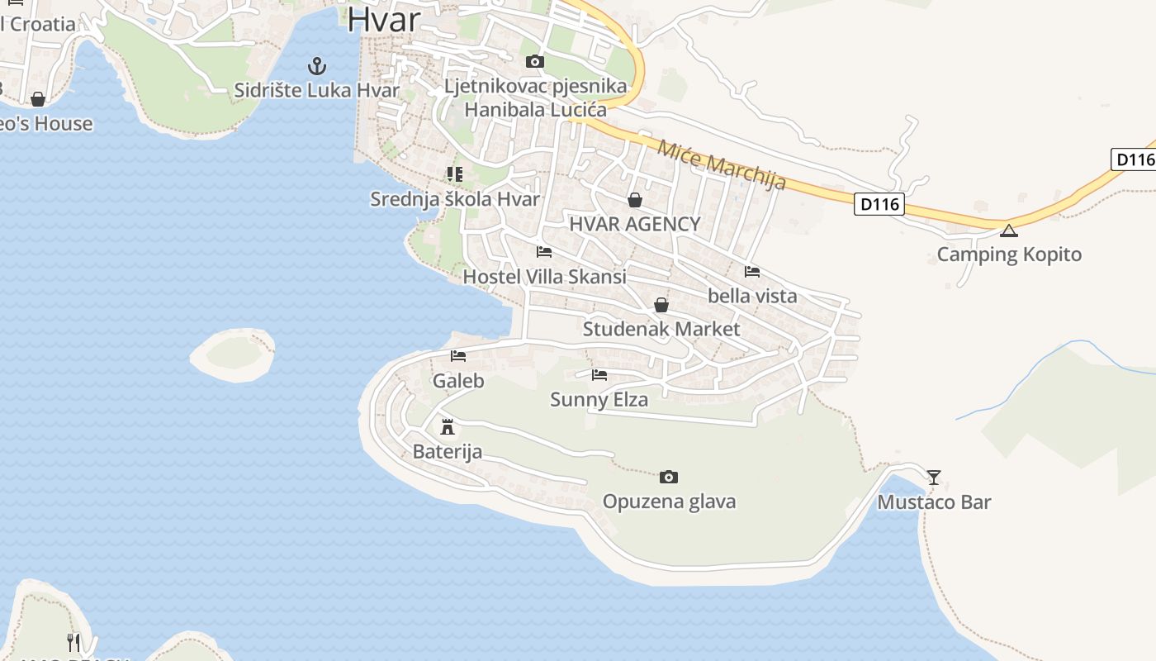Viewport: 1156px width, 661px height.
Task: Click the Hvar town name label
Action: (384, 20)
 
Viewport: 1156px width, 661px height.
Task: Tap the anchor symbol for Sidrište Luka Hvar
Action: (316, 65)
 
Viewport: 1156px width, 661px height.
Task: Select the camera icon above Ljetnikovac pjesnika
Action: (535, 61)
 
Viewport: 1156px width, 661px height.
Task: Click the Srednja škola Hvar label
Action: (455, 199)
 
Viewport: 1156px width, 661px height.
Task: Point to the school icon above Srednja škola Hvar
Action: (454, 174)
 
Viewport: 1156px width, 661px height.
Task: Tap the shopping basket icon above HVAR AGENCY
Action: (634, 199)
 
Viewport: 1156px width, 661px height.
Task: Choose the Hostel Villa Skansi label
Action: (544, 277)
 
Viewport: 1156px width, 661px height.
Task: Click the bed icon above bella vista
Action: (752, 271)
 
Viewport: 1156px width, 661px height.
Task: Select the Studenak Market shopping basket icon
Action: (661, 305)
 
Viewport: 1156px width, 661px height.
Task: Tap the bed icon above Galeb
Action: (458, 356)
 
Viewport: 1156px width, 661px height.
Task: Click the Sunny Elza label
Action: (599, 400)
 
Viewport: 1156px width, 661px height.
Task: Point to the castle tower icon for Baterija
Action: (448, 426)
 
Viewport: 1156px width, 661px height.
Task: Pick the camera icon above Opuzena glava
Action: (669, 477)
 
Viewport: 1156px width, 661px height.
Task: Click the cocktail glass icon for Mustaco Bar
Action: (934, 477)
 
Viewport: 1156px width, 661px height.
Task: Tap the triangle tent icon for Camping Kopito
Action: (1008, 230)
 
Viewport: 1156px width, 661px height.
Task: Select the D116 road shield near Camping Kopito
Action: (879, 203)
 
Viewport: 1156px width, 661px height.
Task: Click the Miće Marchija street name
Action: (721, 165)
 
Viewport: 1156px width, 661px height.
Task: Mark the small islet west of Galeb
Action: (232, 355)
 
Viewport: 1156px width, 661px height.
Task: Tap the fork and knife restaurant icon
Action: (74, 641)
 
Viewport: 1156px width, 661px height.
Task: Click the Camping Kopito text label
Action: (1009, 254)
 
